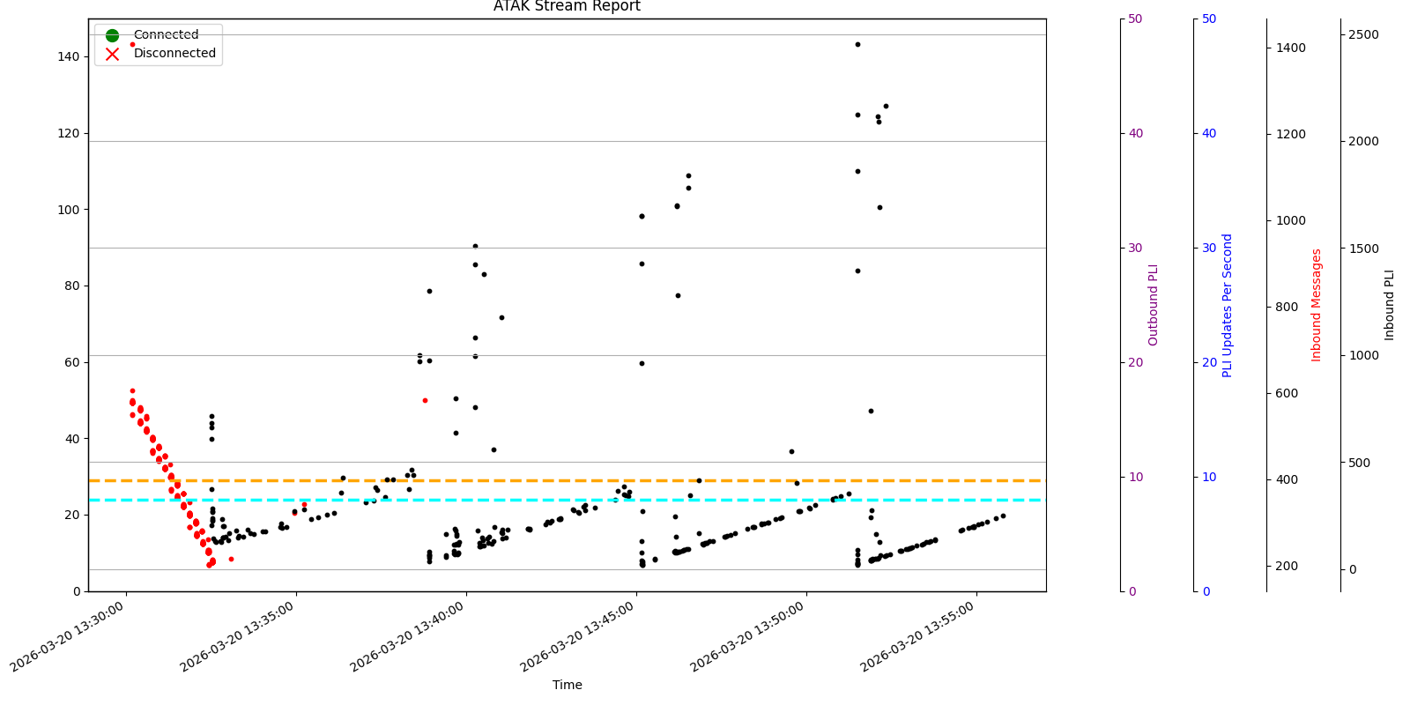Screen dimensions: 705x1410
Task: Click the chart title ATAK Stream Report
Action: (567, 7)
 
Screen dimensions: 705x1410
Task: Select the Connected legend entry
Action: (166, 35)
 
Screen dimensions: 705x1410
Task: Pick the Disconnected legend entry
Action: (174, 53)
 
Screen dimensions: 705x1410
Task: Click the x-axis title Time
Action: (567, 685)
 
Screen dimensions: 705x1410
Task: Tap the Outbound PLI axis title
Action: (1154, 305)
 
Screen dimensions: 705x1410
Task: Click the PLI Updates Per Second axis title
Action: (1228, 305)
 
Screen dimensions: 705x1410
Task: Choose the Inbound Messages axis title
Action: (1317, 305)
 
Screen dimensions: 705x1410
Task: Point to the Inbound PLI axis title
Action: (1390, 305)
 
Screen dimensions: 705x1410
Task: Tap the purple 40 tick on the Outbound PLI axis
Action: (1135, 133)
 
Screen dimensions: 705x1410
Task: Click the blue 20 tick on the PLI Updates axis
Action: (1209, 362)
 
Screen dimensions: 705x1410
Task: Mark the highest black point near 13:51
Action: (857, 44)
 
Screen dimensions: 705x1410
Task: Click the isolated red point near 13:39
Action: (425, 400)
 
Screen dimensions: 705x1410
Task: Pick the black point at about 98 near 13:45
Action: (642, 216)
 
